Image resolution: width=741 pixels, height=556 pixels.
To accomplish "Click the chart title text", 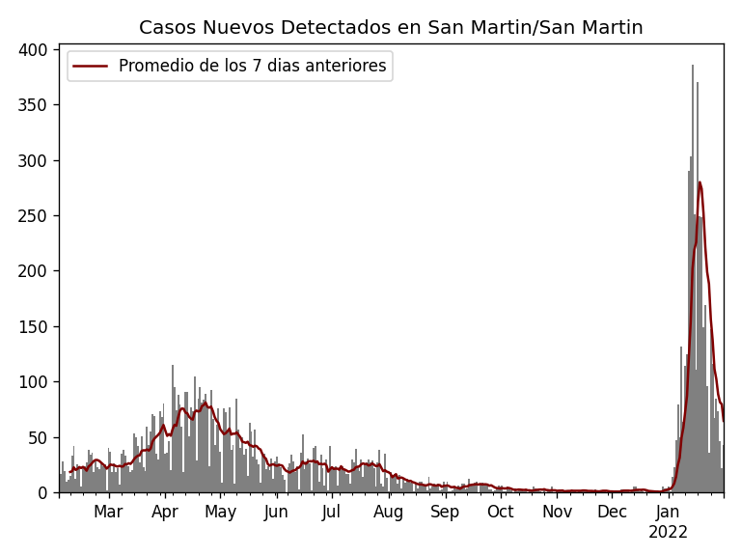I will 391,28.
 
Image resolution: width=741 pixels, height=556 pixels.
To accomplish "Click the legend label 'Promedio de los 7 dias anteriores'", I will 252,67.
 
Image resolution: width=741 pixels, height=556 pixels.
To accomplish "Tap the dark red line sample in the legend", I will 92,67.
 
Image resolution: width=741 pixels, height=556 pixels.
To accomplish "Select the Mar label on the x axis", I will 108,513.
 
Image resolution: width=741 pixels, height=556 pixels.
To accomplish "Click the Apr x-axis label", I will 165,513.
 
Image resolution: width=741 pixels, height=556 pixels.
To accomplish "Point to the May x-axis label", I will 221,513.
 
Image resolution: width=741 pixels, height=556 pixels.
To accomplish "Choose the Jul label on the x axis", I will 332,513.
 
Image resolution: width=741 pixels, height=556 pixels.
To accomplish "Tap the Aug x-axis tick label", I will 389,513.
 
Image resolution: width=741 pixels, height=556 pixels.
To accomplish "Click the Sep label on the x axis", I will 445,513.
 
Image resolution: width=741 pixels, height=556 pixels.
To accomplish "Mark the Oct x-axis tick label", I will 501,513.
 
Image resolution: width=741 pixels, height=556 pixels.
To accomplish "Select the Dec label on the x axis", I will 612,513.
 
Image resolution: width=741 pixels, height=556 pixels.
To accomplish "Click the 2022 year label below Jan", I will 668,533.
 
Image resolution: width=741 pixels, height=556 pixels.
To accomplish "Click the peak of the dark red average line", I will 700,182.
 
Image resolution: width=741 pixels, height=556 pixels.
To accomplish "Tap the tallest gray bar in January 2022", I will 692,66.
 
